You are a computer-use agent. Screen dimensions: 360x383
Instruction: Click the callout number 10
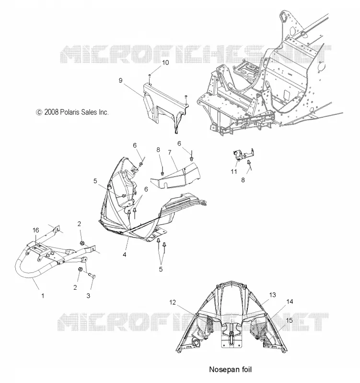(165, 63)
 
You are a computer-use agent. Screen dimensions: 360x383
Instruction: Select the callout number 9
(121, 80)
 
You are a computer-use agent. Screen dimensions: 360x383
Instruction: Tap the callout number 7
(170, 152)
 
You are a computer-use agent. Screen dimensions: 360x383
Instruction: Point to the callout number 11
(234, 171)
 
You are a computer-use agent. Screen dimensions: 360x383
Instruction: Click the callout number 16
(35, 230)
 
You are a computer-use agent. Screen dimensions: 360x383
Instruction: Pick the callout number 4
(125, 255)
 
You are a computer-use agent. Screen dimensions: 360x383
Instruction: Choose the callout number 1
(43, 296)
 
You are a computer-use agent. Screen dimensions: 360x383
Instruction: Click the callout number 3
(88, 296)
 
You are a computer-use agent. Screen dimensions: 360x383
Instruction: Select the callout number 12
(173, 303)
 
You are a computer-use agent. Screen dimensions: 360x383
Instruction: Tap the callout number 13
(272, 295)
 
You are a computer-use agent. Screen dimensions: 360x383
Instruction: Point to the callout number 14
(290, 302)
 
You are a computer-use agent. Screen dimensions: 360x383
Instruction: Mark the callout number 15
(290, 320)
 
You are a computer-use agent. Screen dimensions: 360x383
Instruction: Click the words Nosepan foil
(231, 370)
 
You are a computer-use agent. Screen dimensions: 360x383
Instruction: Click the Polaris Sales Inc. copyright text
(72, 112)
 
